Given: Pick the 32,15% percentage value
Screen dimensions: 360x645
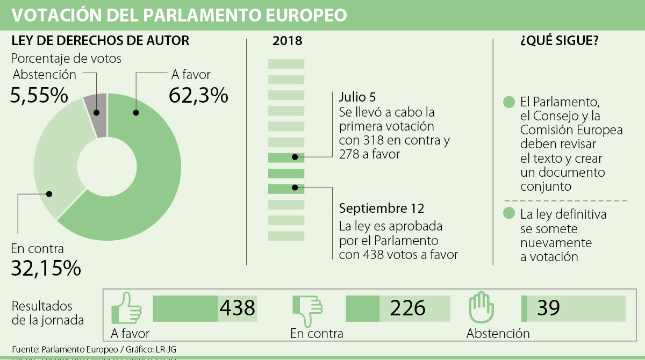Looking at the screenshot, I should [46, 267].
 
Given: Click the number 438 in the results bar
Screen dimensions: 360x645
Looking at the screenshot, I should [237, 308].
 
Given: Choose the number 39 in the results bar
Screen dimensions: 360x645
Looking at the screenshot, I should [548, 308].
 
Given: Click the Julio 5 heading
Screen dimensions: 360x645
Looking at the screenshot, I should [357, 97].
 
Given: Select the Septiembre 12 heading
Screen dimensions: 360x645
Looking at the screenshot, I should [382, 208].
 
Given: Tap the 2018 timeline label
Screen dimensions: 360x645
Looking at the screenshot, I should [287, 41].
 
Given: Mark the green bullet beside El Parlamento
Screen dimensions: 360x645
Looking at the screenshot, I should [508, 102].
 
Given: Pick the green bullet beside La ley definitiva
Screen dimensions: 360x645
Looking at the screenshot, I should [508, 213].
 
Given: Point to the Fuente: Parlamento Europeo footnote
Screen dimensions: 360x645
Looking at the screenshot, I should [94, 349].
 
